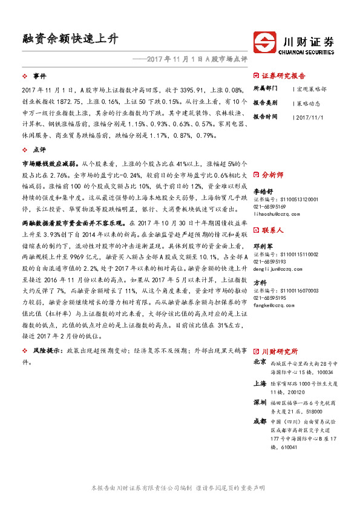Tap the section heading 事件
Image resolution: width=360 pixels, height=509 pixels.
click(x=39, y=76)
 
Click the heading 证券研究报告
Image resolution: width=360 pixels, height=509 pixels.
click(x=283, y=76)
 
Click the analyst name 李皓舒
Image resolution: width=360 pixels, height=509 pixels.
click(x=262, y=189)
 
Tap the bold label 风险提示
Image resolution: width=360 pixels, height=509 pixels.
click(x=48, y=351)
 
